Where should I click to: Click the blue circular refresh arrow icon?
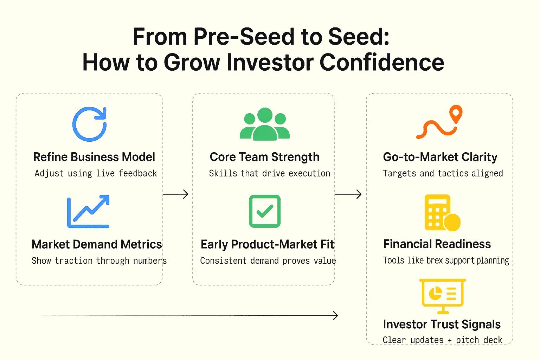(x=90, y=124)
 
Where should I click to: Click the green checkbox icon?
(x=265, y=211)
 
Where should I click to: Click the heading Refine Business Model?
(x=94, y=157)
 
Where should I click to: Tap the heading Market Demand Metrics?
(x=97, y=244)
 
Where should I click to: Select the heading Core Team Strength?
(x=264, y=157)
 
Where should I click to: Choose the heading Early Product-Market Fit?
(x=267, y=244)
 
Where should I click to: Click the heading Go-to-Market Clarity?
(x=440, y=157)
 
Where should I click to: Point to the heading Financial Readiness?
(x=437, y=244)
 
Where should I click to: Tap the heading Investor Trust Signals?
(x=442, y=324)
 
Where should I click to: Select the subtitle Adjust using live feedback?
(x=96, y=173)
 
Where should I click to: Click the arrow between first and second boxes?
(x=176, y=194)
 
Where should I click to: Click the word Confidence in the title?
(x=382, y=62)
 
